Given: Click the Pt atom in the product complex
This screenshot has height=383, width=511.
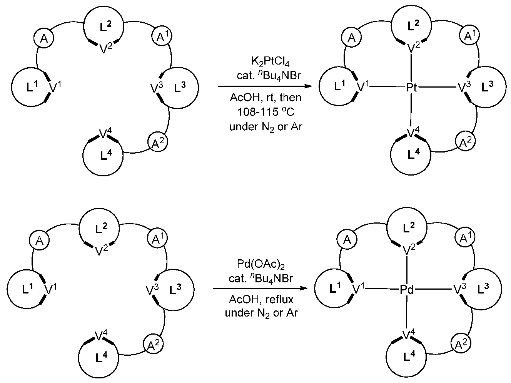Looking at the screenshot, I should [411, 88].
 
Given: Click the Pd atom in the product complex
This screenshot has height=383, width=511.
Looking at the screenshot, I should [407, 290].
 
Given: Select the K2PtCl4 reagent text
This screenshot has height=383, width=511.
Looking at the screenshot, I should [265, 61].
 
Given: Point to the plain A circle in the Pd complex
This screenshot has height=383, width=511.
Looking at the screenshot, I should [347, 240].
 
